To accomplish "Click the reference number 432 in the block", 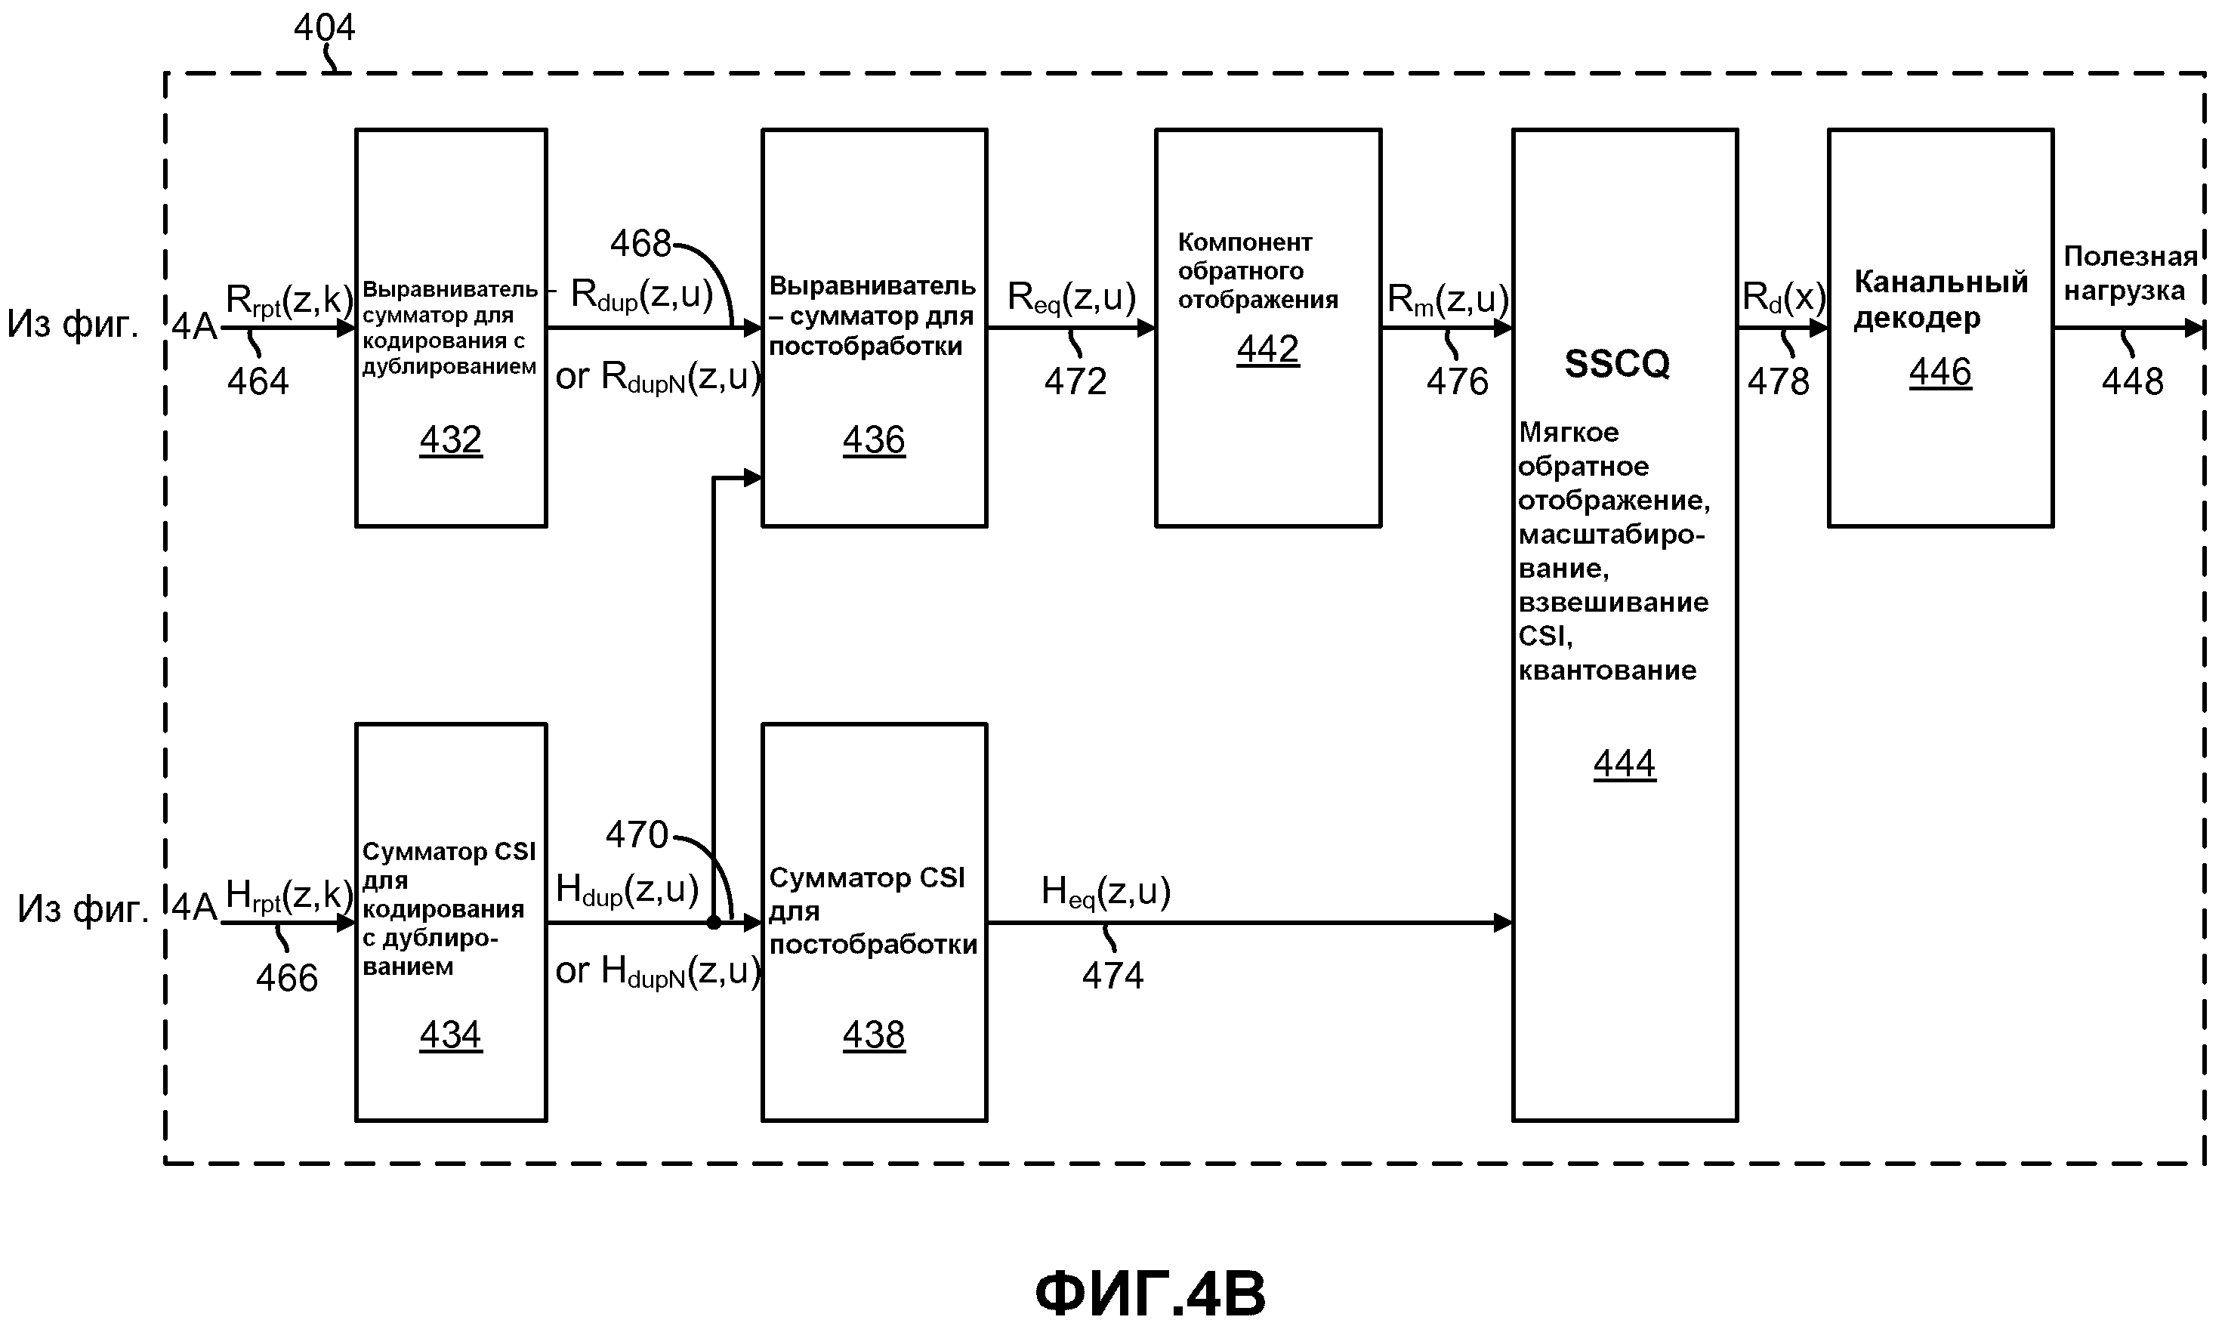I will pos(450,440).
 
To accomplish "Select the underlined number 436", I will pos(874,440).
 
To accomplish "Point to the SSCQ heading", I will pos(1617,364).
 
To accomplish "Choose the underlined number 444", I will pos(1625,764).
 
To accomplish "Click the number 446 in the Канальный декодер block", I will pos(1940,372).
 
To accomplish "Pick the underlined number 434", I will pos(450,1035).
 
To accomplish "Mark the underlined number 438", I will pos(874,1035).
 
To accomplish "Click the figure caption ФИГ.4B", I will pos(1150,1294).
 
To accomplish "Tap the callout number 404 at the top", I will pos(325,28).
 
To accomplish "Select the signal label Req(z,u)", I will pos(1072,298).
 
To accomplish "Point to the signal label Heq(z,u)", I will pos(1106,893).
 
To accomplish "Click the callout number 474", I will pos(1112,976).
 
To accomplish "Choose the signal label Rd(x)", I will pos(1783,298).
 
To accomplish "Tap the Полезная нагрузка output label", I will pos(2129,273).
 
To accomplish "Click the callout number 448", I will pos(2132,381).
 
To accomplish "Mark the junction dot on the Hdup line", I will pos(713,924).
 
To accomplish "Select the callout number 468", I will pos(640,243).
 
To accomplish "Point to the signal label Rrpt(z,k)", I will pos(289,301).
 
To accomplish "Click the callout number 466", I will pos(286,978).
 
